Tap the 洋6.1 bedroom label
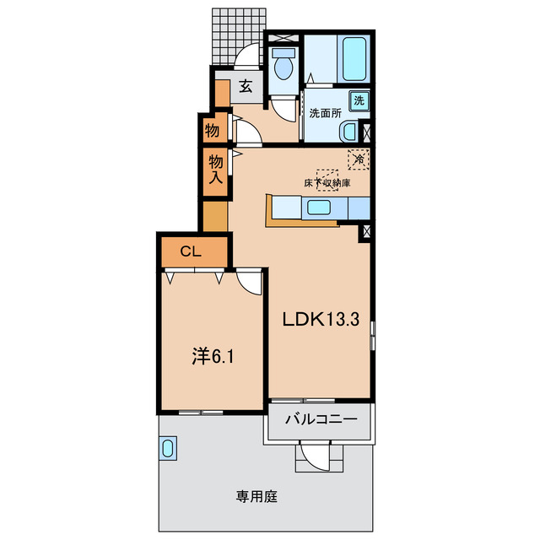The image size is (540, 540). coord(212,356)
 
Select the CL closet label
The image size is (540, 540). coord(192,251)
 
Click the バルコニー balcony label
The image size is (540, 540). coord(321,419)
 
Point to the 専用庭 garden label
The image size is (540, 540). coord(257,496)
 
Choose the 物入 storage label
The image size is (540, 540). coord(216,169)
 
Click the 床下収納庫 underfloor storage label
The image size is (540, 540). coord(327,181)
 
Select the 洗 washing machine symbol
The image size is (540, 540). coord(359,100)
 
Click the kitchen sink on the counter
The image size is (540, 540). coord(320,208)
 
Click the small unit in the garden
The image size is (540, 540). coord(168,449)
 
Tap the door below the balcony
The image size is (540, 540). coord(319,457)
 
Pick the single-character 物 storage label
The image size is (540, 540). coord(212,131)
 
